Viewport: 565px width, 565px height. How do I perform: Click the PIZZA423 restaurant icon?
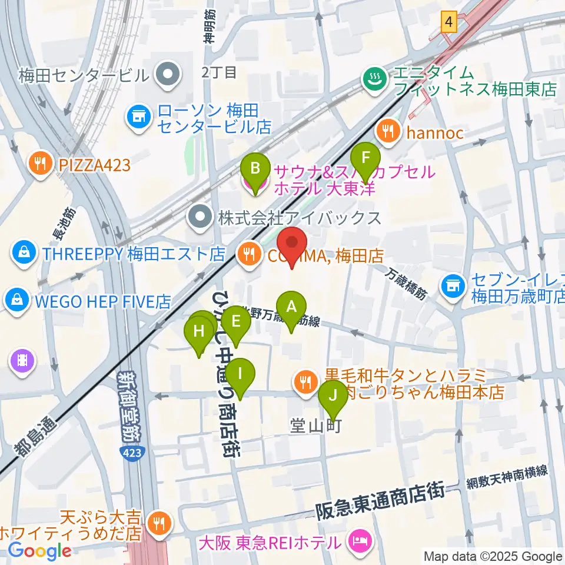click(40, 164)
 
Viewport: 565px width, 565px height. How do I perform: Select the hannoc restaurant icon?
click(388, 131)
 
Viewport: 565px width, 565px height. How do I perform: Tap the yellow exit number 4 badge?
click(450, 23)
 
